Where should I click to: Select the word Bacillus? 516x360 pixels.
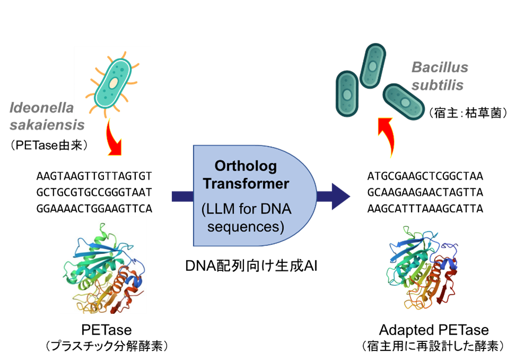tap(440, 68)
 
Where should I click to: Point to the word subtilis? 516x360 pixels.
tap(438, 85)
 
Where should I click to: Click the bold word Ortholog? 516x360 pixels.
tap(246, 166)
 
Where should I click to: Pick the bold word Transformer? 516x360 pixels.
tap(247, 184)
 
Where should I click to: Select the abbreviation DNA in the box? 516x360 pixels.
tap(272, 209)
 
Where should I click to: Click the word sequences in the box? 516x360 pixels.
tap(246, 227)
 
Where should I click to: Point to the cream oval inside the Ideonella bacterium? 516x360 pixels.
tap(113, 82)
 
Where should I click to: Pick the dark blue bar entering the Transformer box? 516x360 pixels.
tap(182, 196)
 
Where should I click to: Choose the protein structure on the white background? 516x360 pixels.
tap(103, 265)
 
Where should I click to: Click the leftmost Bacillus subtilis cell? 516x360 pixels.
tap(347, 94)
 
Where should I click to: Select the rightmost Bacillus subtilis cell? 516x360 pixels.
tap(404, 101)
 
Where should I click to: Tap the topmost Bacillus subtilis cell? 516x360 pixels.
tap(373, 65)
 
